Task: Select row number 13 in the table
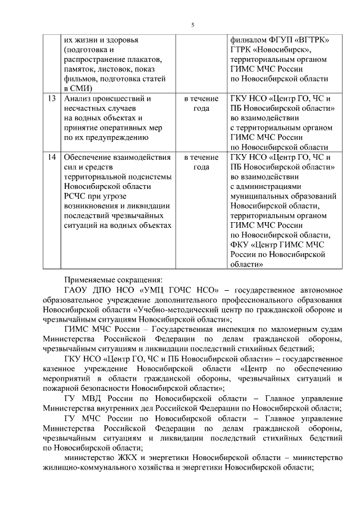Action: (x=52, y=98)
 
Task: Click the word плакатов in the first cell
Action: (x=144, y=60)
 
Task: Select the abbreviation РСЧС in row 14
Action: (x=76, y=196)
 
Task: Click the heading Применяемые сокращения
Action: (x=112, y=279)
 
